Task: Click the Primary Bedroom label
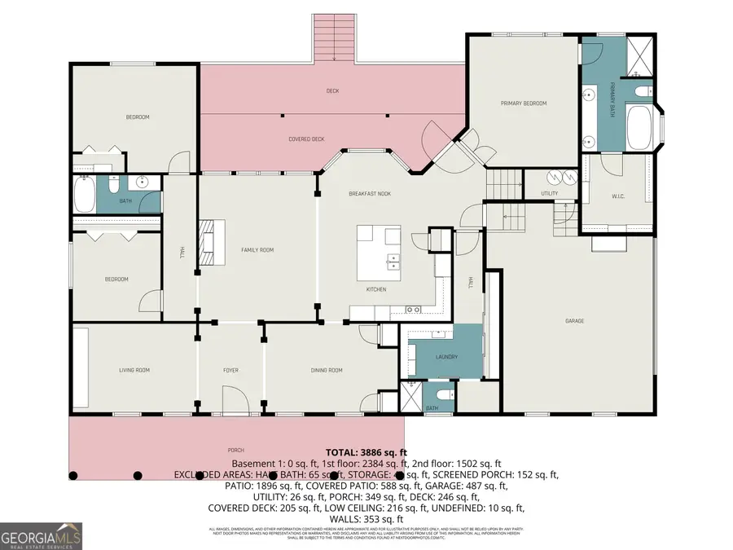coord(523,103)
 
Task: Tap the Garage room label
coord(574,321)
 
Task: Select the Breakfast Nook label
coord(370,193)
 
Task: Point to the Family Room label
coord(257,250)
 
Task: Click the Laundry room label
coord(446,357)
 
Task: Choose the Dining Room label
coord(327,371)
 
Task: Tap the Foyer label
coord(231,371)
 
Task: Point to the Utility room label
coord(550,193)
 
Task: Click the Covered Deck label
coord(306,139)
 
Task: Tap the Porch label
coord(236,450)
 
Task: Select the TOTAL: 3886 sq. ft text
coord(366,452)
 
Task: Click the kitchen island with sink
coord(378,250)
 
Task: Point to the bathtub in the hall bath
coord(84,196)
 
